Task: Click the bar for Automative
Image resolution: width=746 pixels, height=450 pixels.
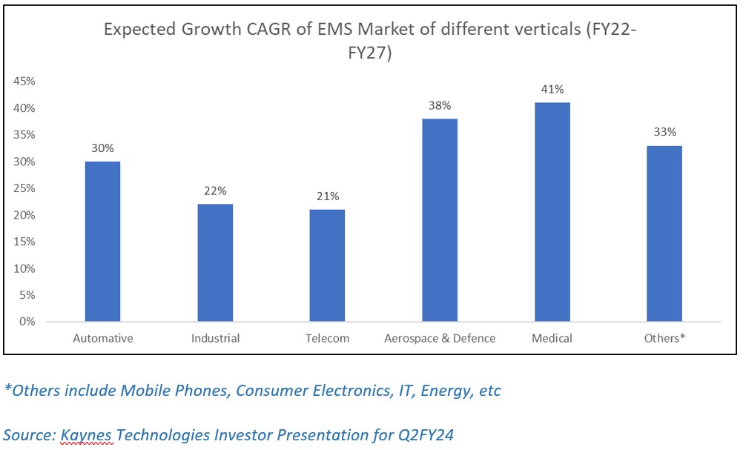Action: [x=102, y=242]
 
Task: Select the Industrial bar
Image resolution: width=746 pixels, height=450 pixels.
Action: [x=215, y=262]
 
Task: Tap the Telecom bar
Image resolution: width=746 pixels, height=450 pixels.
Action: [x=327, y=265]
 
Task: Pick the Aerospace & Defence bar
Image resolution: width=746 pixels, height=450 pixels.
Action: [x=440, y=220]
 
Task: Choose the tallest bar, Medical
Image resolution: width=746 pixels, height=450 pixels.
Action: [x=552, y=212]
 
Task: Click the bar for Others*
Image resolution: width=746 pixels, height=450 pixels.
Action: [x=664, y=234]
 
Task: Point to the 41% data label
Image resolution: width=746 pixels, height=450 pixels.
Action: [x=552, y=89]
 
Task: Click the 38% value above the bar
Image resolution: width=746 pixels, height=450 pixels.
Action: [x=440, y=105]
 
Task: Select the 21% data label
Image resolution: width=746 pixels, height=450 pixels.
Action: [x=327, y=196]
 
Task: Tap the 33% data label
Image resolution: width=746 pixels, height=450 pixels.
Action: [x=664, y=132]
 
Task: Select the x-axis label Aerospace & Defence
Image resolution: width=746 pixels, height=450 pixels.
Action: [x=440, y=339]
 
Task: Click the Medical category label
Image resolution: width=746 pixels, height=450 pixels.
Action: [x=552, y=339]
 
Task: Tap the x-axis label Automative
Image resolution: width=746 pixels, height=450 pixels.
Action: [x=103, y=339]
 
